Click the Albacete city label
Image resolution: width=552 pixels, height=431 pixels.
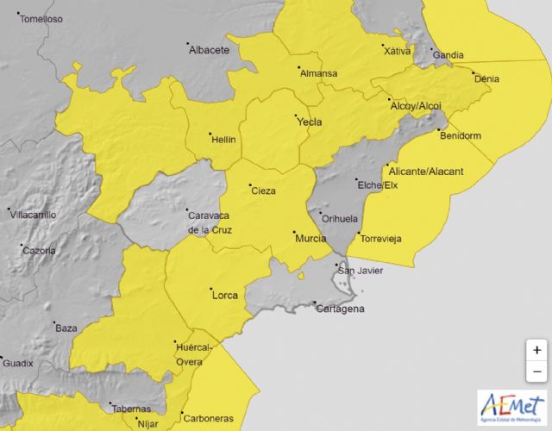pyautogui.click(x=210, y=50)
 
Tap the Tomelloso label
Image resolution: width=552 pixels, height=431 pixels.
pyautogui.click(x=41, y=18)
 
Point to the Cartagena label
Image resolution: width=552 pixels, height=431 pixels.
pyautogui.click(x=340, y=309)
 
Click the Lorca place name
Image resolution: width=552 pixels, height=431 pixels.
pyautogui.click(x=224, y=297)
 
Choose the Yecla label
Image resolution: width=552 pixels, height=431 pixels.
pyautogui.click(x=310, y=122)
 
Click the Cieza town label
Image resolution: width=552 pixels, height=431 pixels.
pyautogui.click(x=263, y=191)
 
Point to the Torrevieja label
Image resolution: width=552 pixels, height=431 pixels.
pyautogui.click(x=381, y=239)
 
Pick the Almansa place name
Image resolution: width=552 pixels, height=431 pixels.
pyautogui.click(x=318, y=73)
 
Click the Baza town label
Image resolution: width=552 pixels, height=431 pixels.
pyautogui.click(x=66, y=328)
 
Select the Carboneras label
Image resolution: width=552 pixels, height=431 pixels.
pyautogui.click(x=208, y=419)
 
